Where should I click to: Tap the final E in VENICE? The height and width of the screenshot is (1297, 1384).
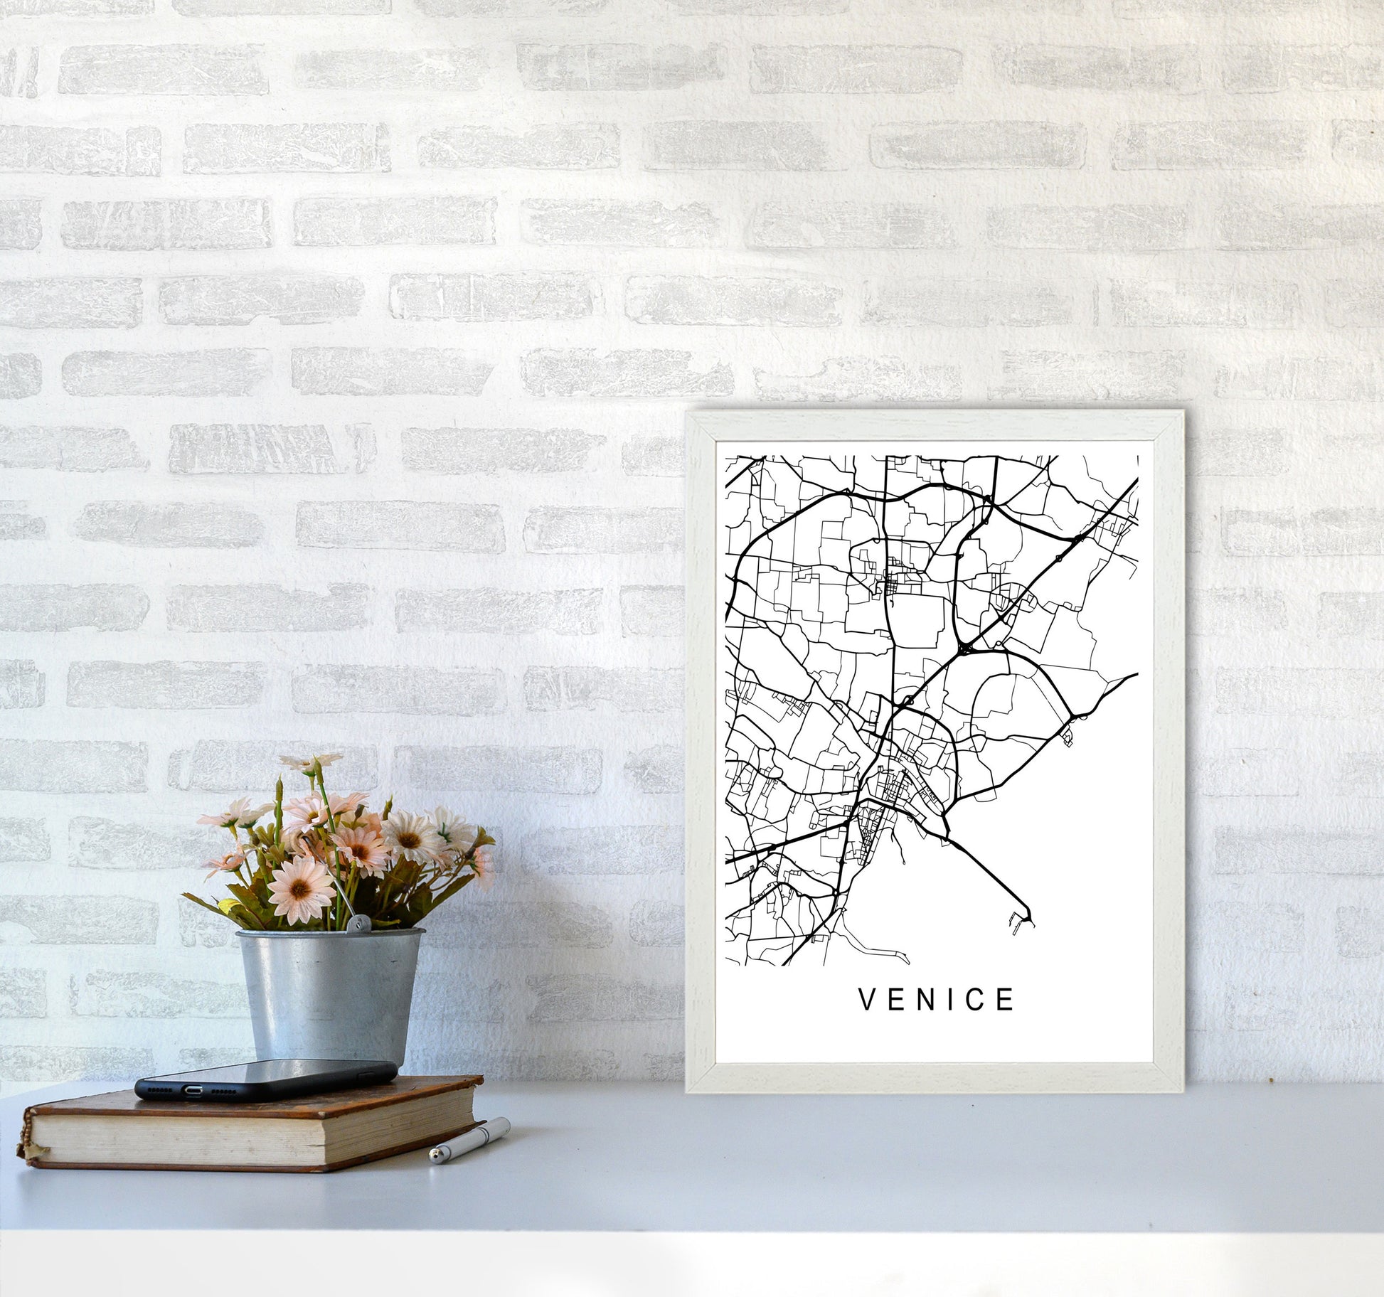tap(1006, 1000)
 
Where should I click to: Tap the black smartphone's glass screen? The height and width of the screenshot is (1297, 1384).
tap(284, 1074)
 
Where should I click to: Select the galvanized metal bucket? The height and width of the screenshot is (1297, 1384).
tap(329, 996)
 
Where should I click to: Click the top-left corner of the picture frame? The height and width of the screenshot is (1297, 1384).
tap(688, 413)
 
